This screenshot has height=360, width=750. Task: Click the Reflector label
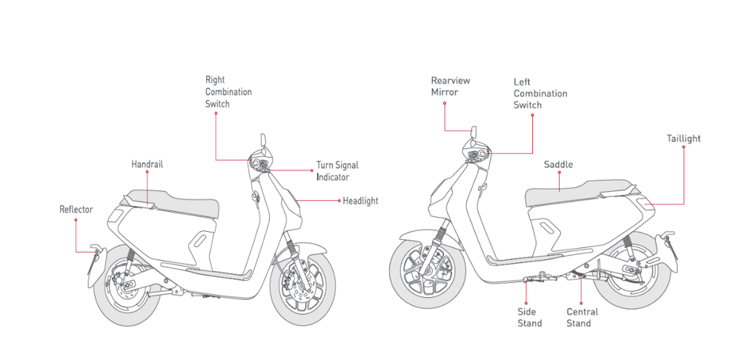click(x=76, y=210)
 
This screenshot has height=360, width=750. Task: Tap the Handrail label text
click(x=147, y=164)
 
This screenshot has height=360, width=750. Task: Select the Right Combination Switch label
click(x=228, y=92)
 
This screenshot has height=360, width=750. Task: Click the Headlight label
click(x=360, y=201)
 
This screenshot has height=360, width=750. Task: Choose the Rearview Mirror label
click(x=451, y=86)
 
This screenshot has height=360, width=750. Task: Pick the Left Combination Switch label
click(x=540, y=93)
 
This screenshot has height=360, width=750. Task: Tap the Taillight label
click(x=683, y=139)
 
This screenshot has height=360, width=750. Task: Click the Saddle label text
click(x=558, y=164)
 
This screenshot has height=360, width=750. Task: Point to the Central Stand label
click(x=582, y=317)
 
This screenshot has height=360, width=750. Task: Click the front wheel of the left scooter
click(x=303, y=288)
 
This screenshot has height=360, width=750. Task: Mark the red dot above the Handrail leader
click(x=147, y=172)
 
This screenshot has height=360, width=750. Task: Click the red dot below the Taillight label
click(x=683, y=147)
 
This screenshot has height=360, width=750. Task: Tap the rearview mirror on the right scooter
click(x=474, y=135)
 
